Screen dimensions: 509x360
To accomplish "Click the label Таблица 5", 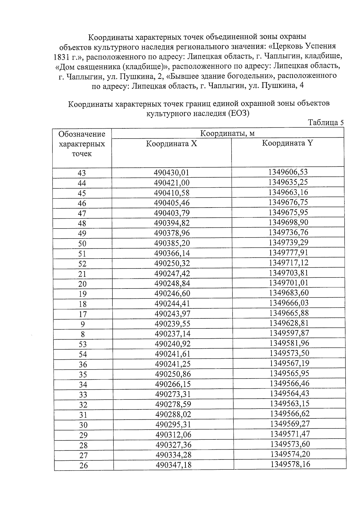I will pyautogui.click(x=325, y=123).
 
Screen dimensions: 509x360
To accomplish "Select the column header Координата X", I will pyautogui.click(x=172, y=144).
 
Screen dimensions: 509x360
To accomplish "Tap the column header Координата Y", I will pyautogui.click(x=287, y=143).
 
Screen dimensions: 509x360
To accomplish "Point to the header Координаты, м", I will pyautogui.click(x=227, y=133).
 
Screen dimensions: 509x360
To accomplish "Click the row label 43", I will pyautogui.click(x=82, y=173).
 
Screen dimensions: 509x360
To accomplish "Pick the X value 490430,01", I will pyautogui.click(x=172, y=173).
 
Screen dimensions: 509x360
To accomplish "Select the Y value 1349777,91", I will pyautogui.click(x=288, y=252).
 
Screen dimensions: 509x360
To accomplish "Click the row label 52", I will pyautogui.click(x=82, y=264).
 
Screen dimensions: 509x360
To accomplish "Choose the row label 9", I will pyautogui.click(x=83, y=324).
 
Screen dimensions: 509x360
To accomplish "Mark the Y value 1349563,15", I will pyautogui.click(x=289, y=403).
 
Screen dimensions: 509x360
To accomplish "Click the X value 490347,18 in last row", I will pyautogui.click(x=173, y=465).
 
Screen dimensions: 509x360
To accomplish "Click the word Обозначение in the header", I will pyautogui.click(x=82, y=134).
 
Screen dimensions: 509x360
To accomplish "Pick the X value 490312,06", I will pyautogui.click(x=173, y=435).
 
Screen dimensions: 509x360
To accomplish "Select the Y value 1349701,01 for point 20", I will pyautogui.click(x=289, y=283).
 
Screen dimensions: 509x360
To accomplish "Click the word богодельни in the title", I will pyautogui.click(x=248, y=76).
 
